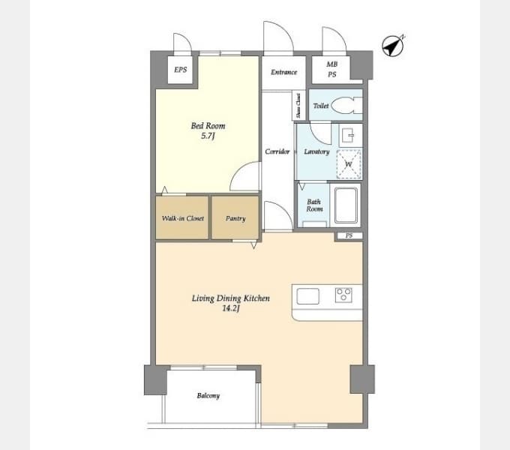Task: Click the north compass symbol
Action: click(393, 46)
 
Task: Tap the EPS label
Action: click(181, 70)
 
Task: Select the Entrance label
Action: click(284, 72)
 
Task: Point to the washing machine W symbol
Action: click(349, 163)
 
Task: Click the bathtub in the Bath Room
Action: click(346, 205)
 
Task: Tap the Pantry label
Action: click(235, 218)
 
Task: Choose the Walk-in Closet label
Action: click(183, 218)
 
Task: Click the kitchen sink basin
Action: click(307, 296)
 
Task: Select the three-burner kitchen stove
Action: click(343, 295)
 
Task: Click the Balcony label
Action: click(208, 396)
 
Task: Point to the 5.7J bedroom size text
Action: click(208, 136)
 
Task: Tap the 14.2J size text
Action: click(231, 308)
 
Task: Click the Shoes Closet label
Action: click(298, 106)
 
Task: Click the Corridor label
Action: click(277, 151)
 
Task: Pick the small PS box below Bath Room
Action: click(349, 235)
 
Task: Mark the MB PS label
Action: click(332, 69)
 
